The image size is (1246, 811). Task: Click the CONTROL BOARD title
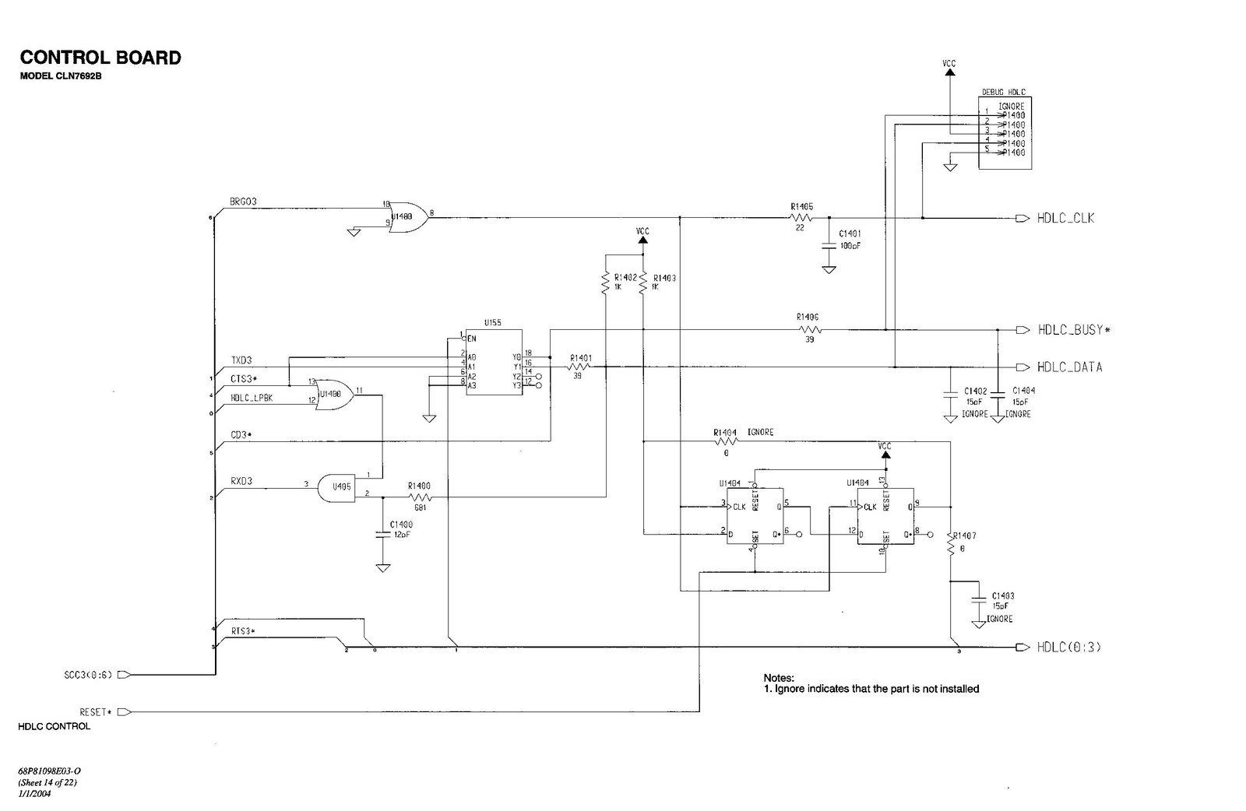[x=100, y=58]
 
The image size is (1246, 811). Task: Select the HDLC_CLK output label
[x=1065, y=219]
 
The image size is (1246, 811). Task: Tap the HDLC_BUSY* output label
[x=1074, y=330]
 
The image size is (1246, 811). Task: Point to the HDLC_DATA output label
[x=1069, y=367]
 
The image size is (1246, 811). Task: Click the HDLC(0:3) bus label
[x=1068, y=648]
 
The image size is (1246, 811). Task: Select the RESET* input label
[x=96, y=712]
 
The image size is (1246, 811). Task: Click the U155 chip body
[x=494, y=361]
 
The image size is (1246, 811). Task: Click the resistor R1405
[x=802, y=219]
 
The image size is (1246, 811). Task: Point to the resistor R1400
[x=419, y=497]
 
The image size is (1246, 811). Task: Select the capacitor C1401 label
[x=850, y=233]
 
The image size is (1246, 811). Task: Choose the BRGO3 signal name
[x=243, y=202]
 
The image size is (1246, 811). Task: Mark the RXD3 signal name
[x=241, y=482]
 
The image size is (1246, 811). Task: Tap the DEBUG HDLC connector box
[x=1005, y=132]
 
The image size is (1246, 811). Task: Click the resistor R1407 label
[x=964, y=536]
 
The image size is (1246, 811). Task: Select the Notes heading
[x=778, y=679]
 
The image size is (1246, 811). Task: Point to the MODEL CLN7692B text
[x=61, y=75]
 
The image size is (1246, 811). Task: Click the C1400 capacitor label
[x=401, y=525]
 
